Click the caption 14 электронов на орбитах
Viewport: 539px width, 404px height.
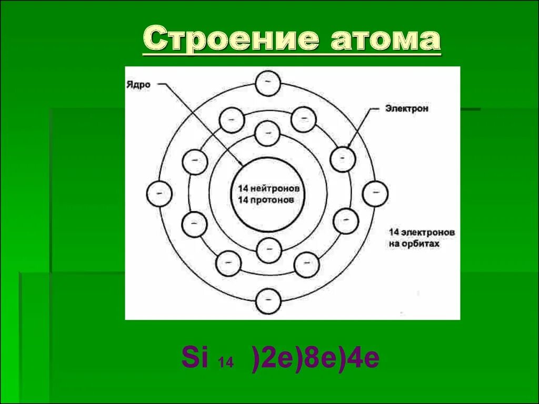[422, 238]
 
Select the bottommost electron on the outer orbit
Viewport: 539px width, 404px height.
[268, 301]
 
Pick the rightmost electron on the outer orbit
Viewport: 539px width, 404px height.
[375, 193]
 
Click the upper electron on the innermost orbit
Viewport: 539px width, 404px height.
[267, 133]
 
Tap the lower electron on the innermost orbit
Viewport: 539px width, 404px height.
[268, 250]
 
